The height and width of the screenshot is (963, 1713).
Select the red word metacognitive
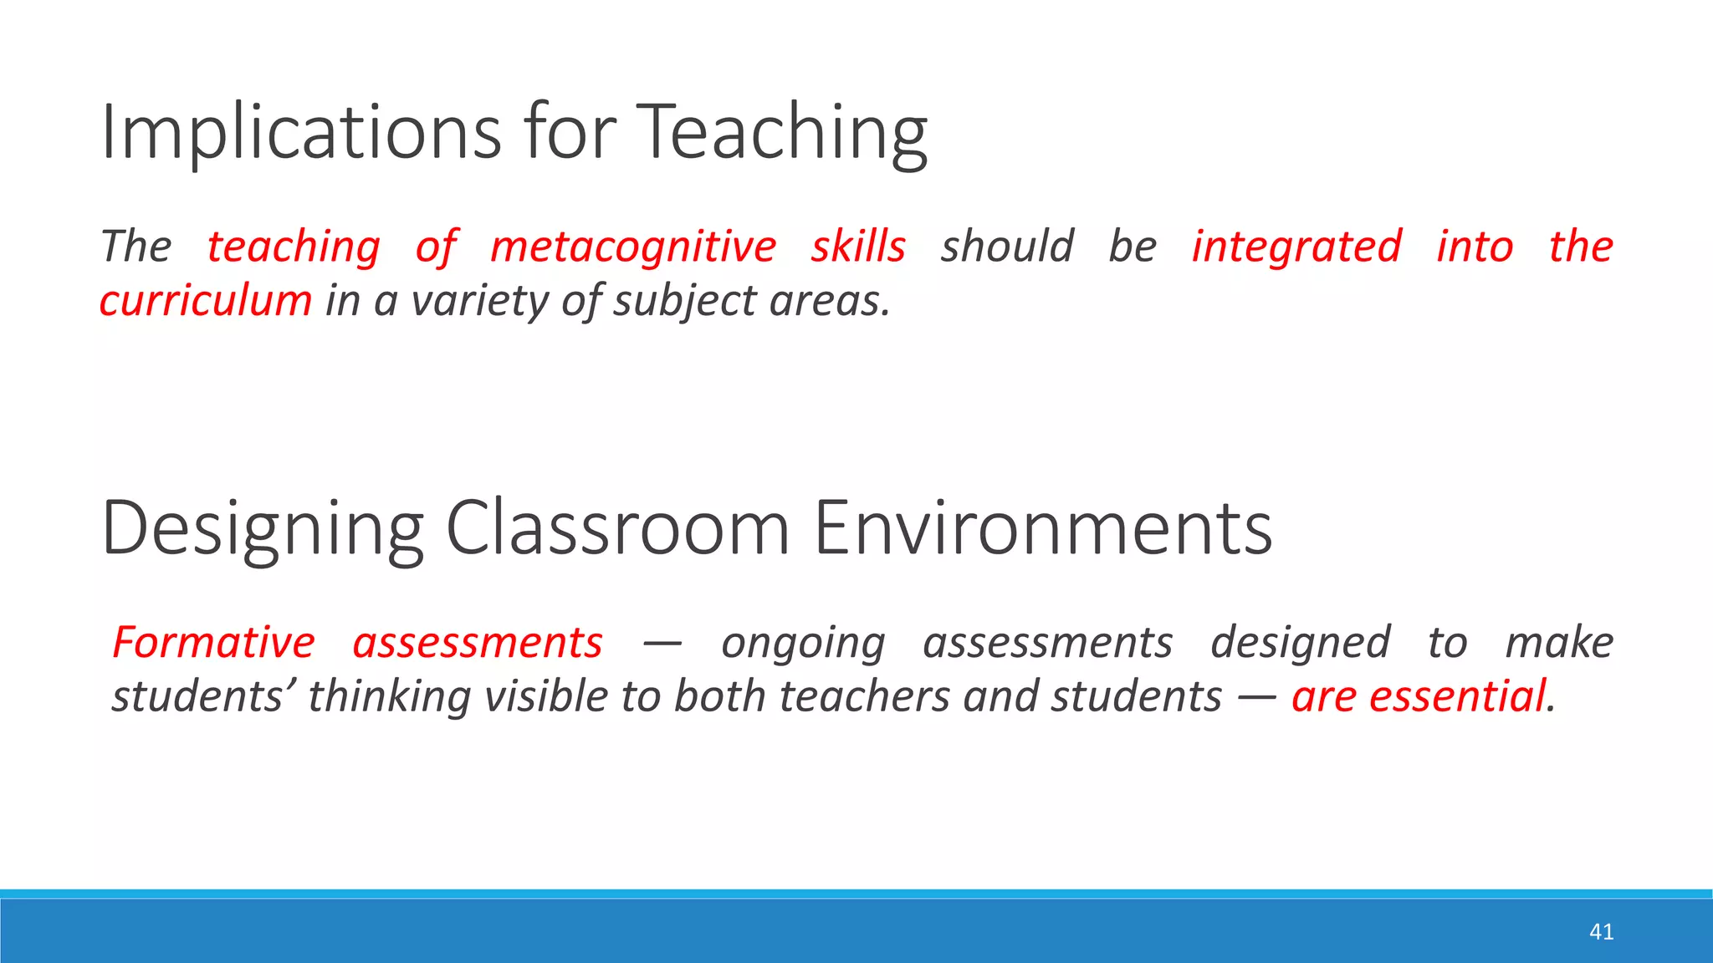point(633,247)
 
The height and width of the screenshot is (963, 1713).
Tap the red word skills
point(858,247)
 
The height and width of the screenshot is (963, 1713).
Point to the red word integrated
point(1296,247)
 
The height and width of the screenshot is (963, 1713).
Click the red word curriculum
point(206,301)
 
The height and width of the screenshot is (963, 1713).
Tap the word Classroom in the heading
point(618,528)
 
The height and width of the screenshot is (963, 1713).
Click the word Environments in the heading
point(1043,528)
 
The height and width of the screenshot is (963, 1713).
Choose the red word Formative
point(214,643)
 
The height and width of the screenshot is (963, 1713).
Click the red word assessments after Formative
point(478,643)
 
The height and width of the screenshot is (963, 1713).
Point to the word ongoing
point(803,643)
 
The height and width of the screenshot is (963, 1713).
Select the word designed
point(1300,643)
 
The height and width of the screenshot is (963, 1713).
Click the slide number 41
point(1601,932)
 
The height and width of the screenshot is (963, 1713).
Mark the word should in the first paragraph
point(1007,247)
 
